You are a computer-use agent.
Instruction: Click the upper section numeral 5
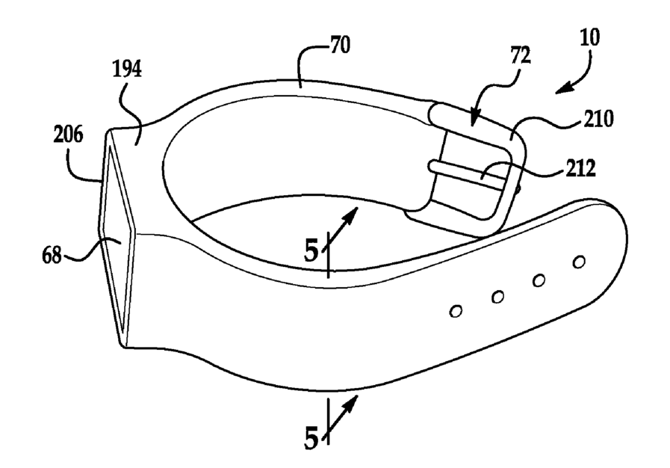pyautogui.click(x=311, y=249)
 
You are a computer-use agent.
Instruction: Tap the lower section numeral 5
pyautogui.click(x=311, y=437)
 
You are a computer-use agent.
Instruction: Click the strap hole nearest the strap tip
pyautogui.click(x=578, y=262)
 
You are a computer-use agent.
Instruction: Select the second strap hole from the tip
pyautogui.click(x=538, y=280)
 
